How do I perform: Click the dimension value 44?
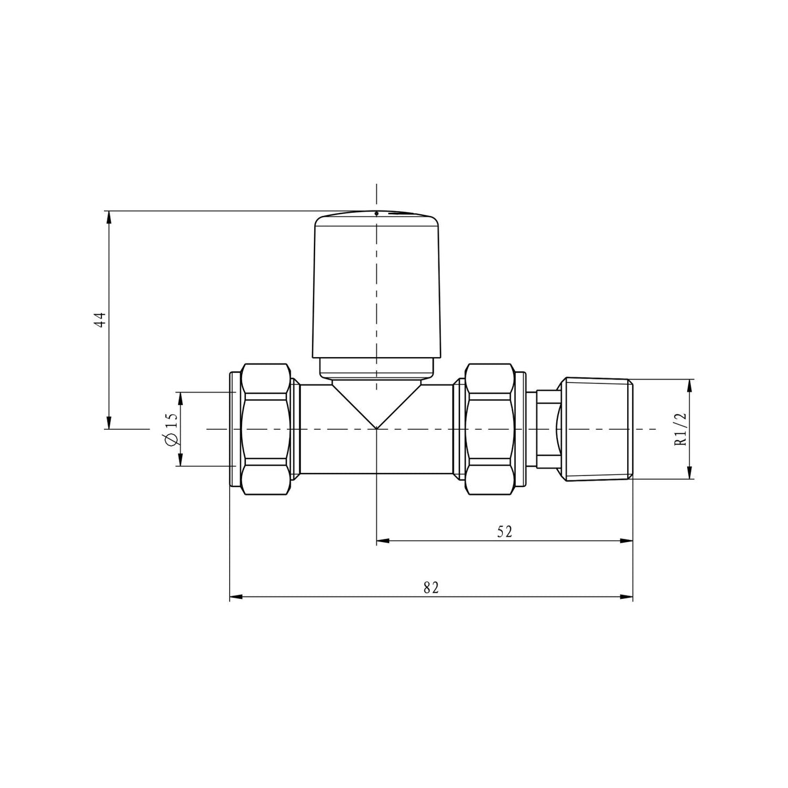[99, 320]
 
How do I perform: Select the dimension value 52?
[504, 532]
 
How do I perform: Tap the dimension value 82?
[431, 588]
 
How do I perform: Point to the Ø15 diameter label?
[170, 429]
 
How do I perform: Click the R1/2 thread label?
[680, 429]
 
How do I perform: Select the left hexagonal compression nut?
[264, 429]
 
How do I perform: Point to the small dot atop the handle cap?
[376, 213]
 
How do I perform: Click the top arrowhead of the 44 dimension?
[109, 216]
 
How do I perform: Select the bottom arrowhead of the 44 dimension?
[109, 424]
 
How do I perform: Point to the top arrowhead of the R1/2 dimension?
[690, 384]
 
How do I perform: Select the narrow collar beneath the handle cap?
[376, 368]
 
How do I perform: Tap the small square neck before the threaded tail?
[548, 429]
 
